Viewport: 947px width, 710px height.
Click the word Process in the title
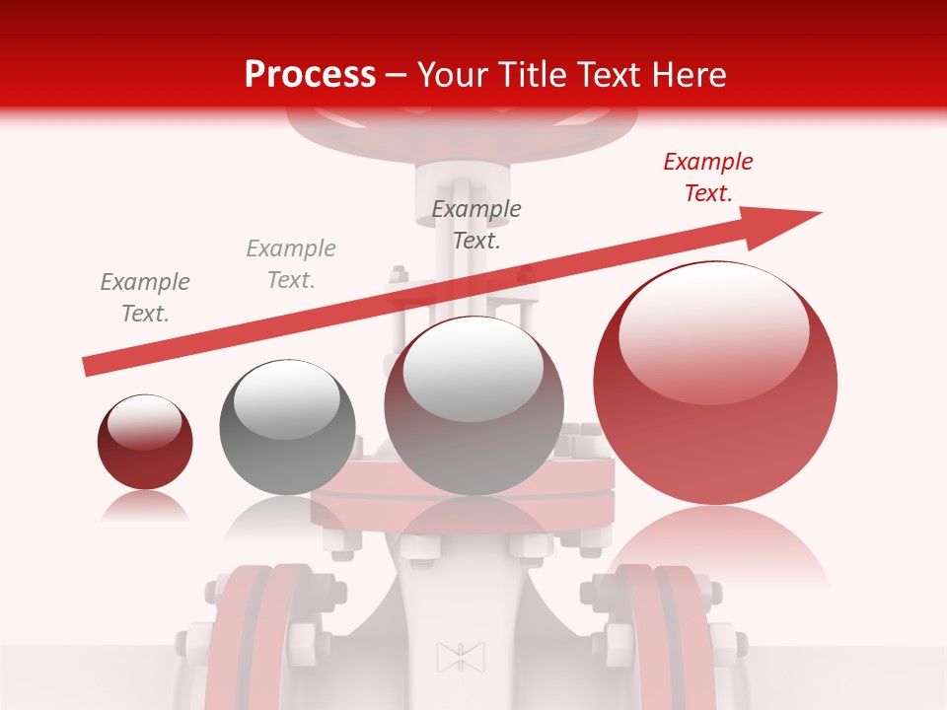tap(310, 74)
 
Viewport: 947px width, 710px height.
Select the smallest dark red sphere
tap(145, 442)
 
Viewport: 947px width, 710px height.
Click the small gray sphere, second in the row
tap(286, 427)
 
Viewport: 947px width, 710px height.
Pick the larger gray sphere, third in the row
tap(473, 405)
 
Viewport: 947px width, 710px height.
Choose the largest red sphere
tap(715, 383)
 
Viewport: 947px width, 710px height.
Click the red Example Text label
tap(707, 177)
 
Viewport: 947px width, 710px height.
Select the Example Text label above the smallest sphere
tap(145, 298)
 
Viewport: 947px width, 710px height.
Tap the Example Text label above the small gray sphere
tap(291, 264)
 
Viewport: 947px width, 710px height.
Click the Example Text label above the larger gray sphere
tap(476, 224)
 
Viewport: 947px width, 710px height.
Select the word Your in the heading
tap(453, 74)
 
